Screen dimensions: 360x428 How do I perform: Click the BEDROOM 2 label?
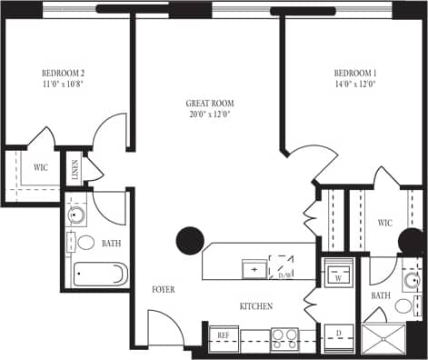click(63, 73)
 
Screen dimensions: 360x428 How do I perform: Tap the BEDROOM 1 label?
click(354, 73)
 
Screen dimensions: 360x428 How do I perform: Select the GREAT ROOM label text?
click(210, 104)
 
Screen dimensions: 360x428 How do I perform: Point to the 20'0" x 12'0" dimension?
click(210, 115)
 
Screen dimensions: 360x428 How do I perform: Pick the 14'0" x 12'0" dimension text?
click(354, 84)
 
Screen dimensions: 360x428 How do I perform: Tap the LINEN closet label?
click(74, 169)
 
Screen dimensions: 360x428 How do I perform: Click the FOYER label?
click(164, 290)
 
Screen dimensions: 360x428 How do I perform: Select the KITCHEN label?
click(256, 306)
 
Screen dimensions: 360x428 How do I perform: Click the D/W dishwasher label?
click(284, 275)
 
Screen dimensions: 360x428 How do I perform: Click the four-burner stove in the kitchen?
click(284, 337)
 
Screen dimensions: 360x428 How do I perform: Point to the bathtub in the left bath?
click(99, 274)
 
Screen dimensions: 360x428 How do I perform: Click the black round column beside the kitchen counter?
click(189, 240)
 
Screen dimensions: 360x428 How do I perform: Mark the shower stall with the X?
click(385, 338)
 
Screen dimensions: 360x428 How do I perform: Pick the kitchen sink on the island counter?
click(254, 269)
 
